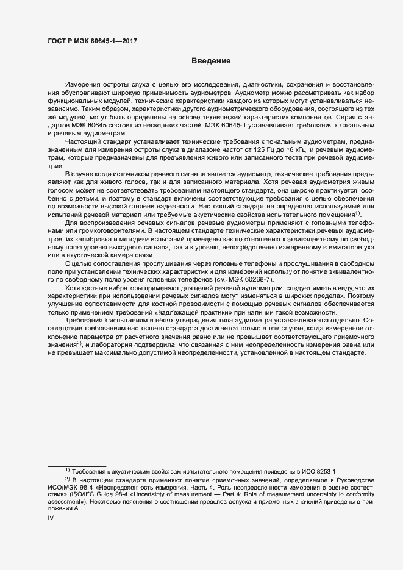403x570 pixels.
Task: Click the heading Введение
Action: point(211,61)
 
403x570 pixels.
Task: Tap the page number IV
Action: point(51,518)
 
